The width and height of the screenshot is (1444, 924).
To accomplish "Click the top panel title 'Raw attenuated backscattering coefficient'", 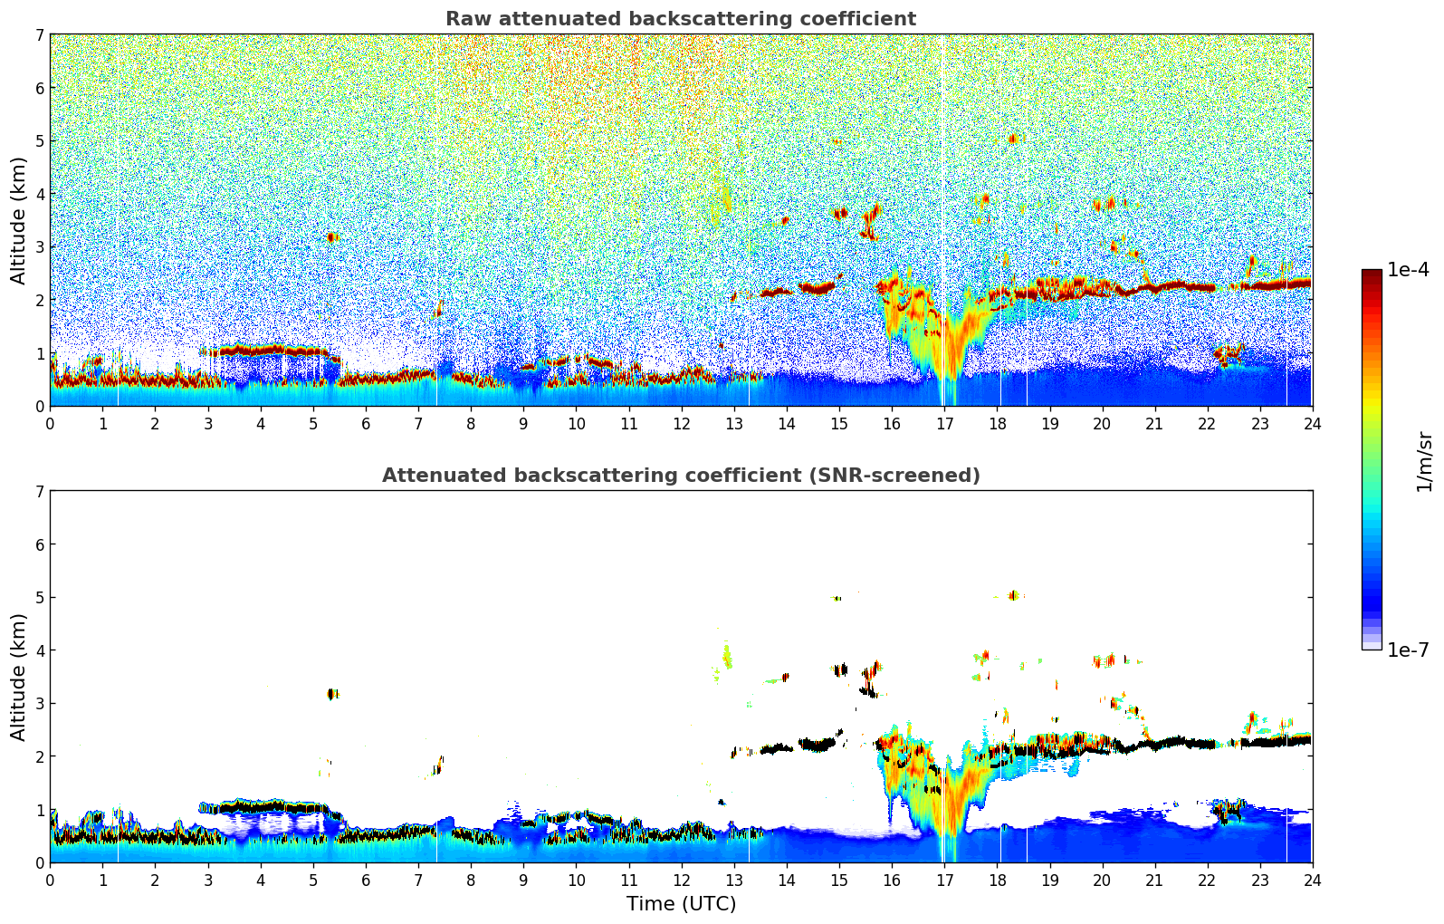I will click(x=680, y=19).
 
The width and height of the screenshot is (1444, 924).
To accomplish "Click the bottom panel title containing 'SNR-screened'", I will click(x=680, y=476).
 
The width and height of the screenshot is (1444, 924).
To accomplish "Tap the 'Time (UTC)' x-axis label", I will click(x=681, y=904).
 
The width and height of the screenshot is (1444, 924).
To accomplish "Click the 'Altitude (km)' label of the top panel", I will click(x=19, y=220).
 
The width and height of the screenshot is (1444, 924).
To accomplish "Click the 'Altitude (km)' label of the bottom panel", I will click(x=19, y=677).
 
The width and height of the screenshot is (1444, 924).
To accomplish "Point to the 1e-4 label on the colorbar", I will click(x=1408, y=270).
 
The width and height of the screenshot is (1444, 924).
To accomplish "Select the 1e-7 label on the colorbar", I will click(x=1408, y=650).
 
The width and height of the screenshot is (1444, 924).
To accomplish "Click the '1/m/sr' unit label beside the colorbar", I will click(x=1424, y=461).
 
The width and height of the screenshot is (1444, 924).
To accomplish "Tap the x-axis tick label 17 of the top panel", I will click(x=944, y=423).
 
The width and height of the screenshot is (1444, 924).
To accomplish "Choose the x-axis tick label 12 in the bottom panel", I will click(x=681, y=880).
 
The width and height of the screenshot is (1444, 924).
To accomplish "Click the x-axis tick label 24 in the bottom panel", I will click(x=1312, y=880).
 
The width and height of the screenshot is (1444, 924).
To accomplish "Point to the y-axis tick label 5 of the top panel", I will click(x=40, y=140).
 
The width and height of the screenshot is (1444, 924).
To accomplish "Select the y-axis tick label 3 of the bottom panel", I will click(x=40, y=703).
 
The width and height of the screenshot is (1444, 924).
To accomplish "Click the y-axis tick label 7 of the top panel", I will click(x=40, y=34).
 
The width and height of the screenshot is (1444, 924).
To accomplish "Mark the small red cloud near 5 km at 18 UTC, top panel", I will click(x=1012, y=139).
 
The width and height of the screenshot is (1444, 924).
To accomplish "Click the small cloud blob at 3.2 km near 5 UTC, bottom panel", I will click(x=332, y=694).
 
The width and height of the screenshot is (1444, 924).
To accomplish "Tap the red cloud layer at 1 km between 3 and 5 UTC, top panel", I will click(x=263, y=350).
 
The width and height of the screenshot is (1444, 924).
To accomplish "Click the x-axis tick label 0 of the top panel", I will click(x=50, y=423).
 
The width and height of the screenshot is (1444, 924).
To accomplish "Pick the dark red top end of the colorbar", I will click(x=1371, y=273).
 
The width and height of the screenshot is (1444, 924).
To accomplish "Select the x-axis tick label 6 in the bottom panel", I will click(x=366, y=880).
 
